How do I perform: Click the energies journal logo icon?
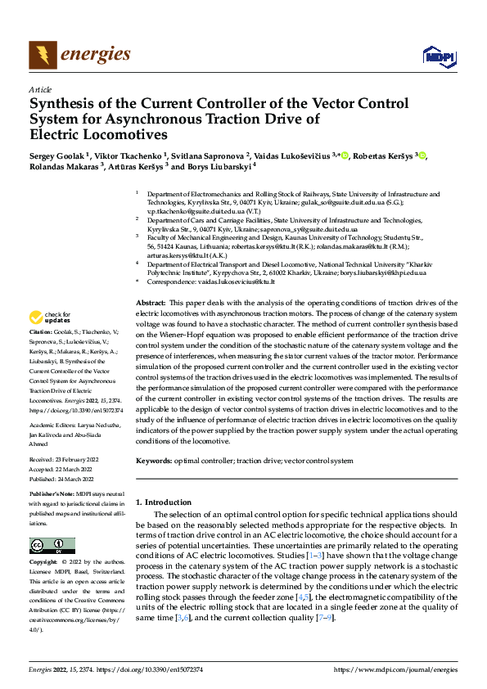pos(43,56)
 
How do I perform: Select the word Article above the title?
pos(40,89)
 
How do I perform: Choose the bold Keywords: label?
pos(154,462)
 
